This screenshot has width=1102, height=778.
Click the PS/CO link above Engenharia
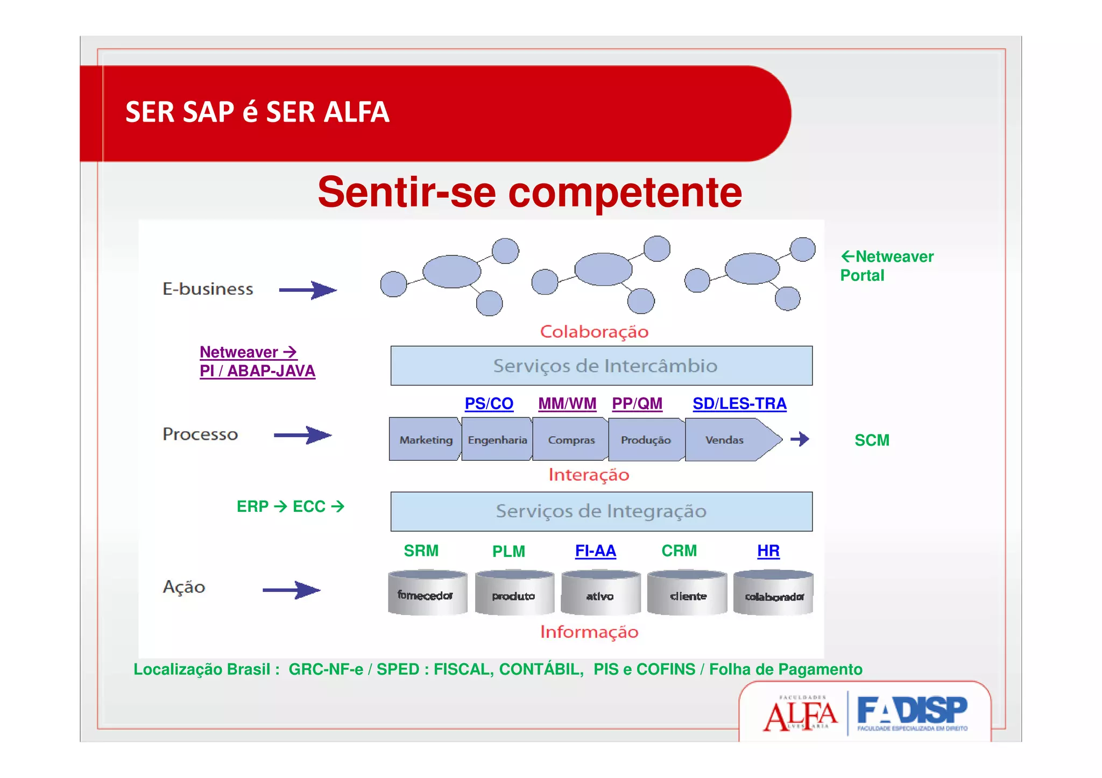pos(489,404)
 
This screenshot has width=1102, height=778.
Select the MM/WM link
pos(567,404)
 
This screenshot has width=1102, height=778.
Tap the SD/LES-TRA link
pos(739,404)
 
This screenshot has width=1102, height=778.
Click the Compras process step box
pos(571,440)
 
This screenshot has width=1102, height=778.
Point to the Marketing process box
pos(425,440)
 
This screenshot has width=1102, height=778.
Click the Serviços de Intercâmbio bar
pos(601,366)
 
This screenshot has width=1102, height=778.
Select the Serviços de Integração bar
pos(601,511)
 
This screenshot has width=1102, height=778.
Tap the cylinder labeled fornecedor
pos(427,593)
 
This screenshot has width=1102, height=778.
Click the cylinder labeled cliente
pos(687,593)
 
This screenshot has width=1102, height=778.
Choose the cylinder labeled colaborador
pos(773,593)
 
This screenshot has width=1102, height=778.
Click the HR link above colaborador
pos(768,551)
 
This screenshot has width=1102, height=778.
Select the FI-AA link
pos(595,551)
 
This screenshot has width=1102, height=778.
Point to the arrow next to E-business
pos(308,290)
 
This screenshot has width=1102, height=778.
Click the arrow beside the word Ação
pos(291,590)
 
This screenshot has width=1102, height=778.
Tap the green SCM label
pos(872,440)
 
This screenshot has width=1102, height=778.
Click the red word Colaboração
pos(594,332)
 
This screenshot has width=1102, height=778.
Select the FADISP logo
pos(912,712)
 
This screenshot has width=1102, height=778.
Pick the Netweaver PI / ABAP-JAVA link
pos(257,362)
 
